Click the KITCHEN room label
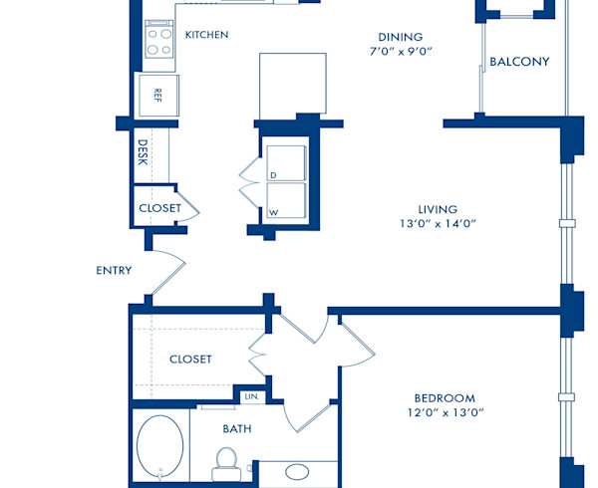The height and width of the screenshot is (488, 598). click(206, 35)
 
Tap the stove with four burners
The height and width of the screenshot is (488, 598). click(159, 41)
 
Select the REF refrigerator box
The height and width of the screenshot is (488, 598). click(157, 96)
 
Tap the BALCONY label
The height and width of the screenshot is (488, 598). click(519, 62)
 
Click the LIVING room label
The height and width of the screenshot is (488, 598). click(438, 209)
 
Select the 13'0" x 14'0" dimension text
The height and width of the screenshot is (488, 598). click(438, 224)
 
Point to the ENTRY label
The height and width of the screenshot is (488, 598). click(114, 270)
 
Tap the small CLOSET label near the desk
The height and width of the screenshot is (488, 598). click(159, 208)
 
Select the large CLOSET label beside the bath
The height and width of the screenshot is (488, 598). click(190, 360)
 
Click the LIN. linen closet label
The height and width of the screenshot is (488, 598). click(251, 396)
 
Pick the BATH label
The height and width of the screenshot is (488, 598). click(237, 429)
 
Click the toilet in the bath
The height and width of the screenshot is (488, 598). click(225, 461)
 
